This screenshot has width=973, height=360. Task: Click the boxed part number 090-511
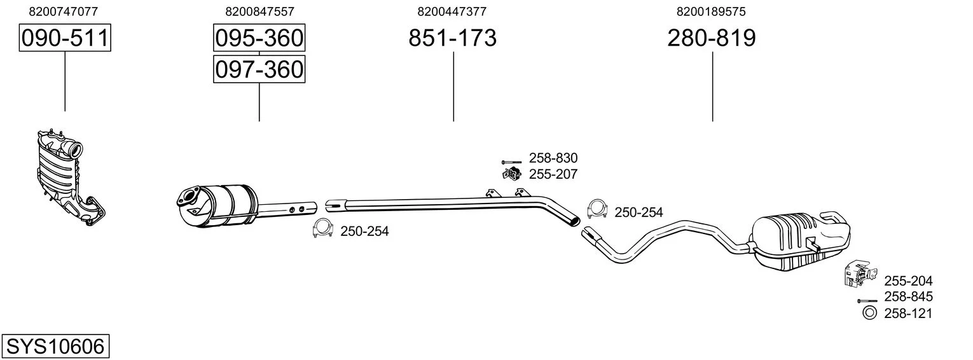(x=65, y=38)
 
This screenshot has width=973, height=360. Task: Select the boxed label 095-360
(x=259, y=38)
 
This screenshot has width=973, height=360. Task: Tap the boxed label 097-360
(x=259, y=69)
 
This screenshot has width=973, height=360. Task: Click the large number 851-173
(x=452, y=38)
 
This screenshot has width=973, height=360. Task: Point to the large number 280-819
(x=712, y=38)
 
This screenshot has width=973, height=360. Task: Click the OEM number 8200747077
(x=64, y=11)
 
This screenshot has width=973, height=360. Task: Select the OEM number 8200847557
(x=259, y=11)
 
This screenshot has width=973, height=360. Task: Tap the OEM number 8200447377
(x=452, y=11)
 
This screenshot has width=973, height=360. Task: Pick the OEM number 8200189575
(x=712, y=11)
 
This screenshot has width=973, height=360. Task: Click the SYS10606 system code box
(x=55, y=347)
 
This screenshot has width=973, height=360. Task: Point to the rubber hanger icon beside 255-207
(x=510, y=174)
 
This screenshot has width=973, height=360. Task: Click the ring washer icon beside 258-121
(x=869, y=312)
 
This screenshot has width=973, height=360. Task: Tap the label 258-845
(x=908, y=296)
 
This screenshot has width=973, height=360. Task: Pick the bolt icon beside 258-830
(x=511, y=162)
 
